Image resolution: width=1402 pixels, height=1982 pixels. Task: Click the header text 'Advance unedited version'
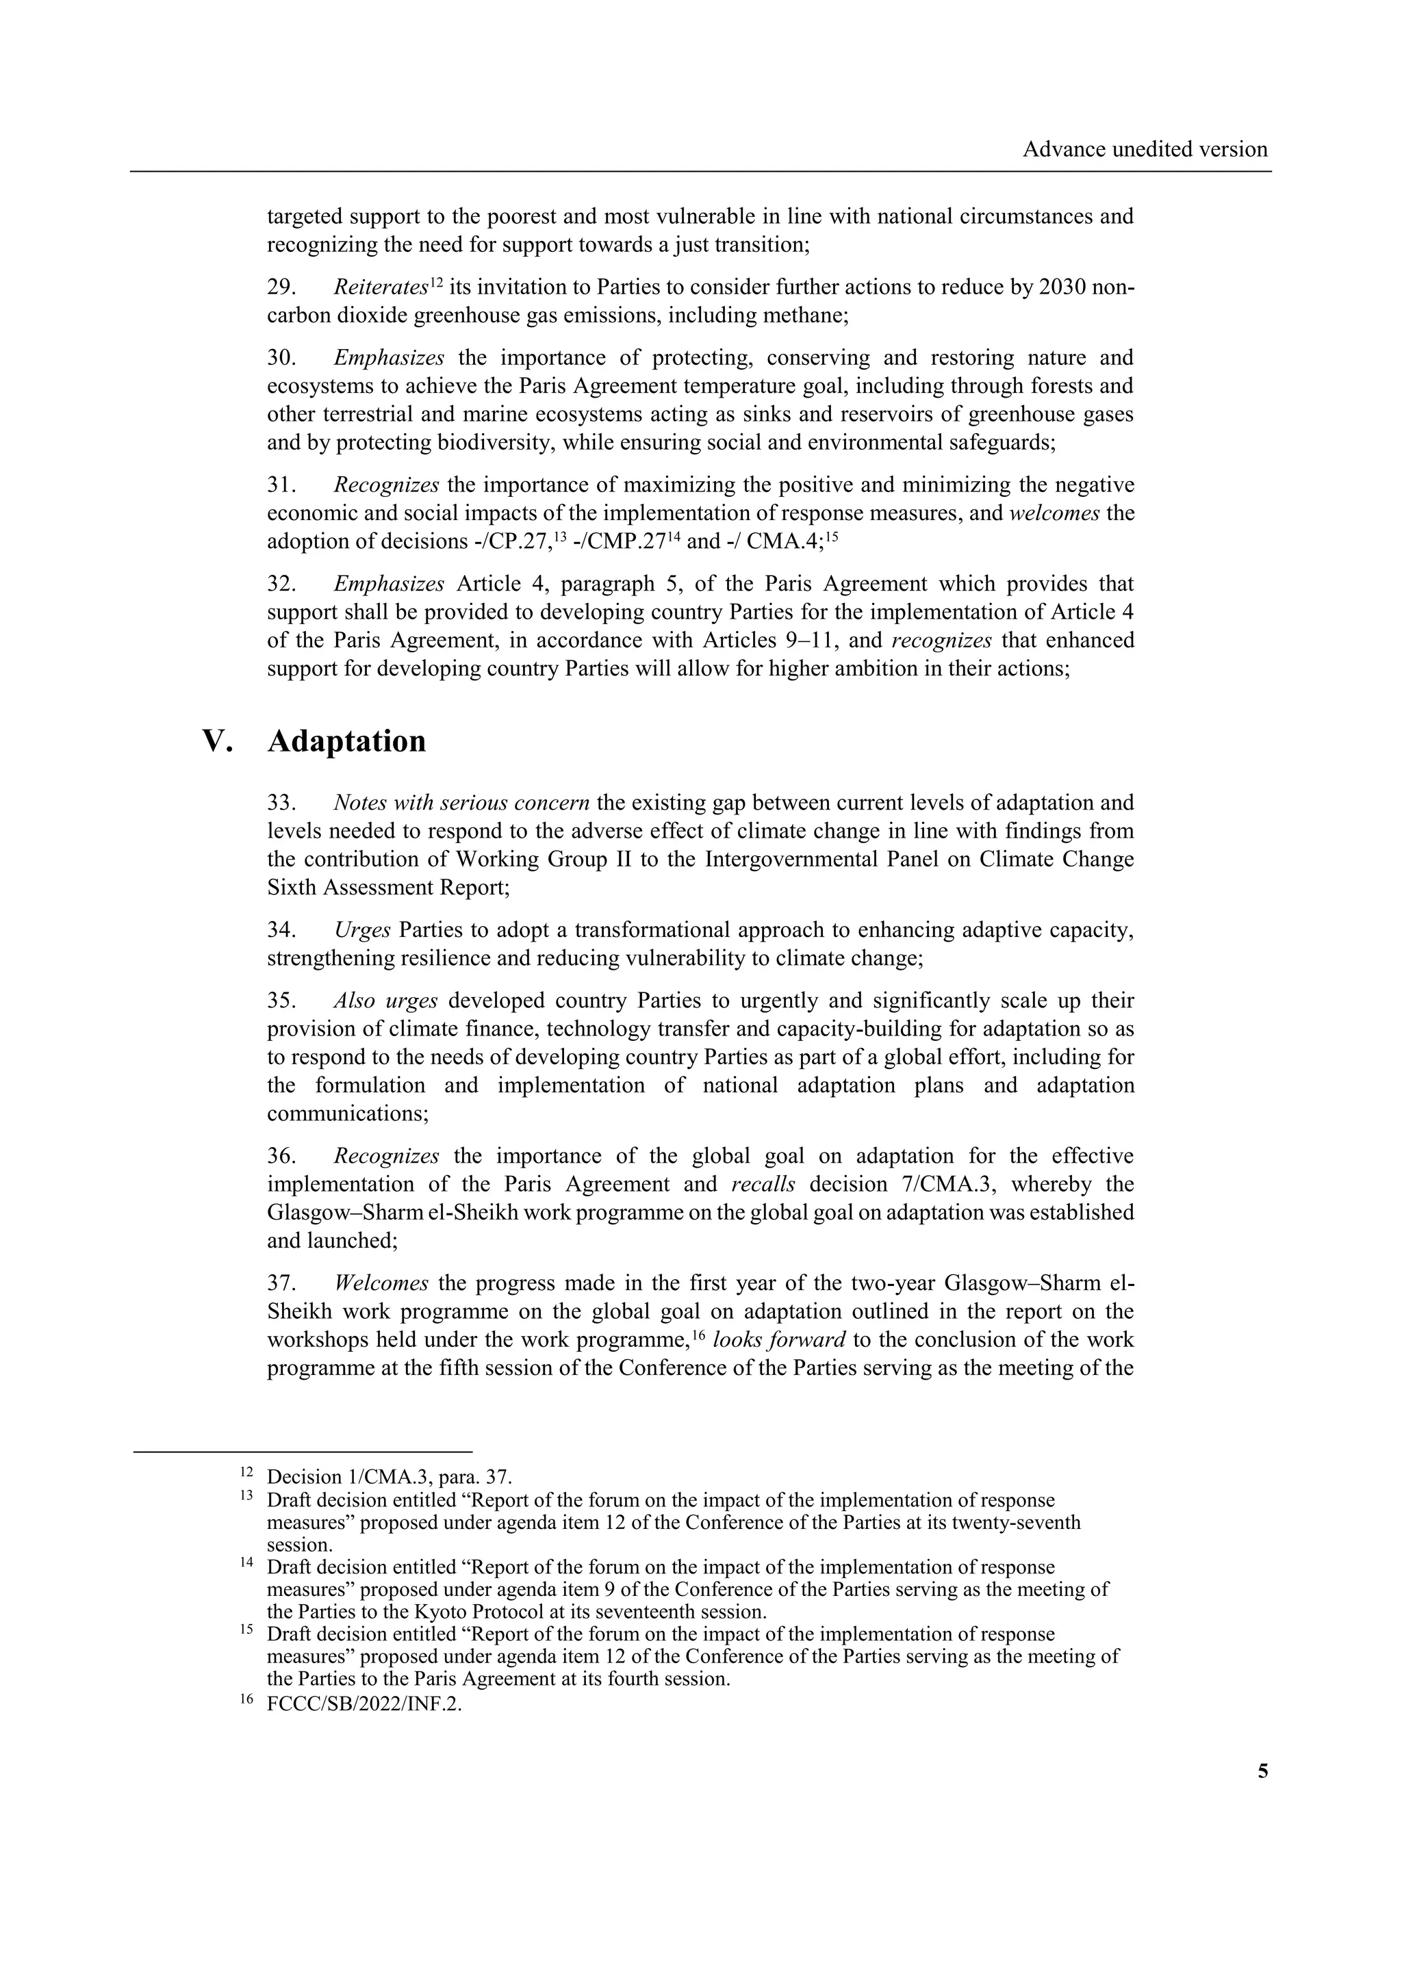pyautogui.click(x=1145, y=149)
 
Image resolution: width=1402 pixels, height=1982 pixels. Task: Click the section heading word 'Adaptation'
pyautogui.click(x=346, y=741)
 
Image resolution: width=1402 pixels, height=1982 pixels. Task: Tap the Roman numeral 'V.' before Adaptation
pyautogui.click(x=218, y=741)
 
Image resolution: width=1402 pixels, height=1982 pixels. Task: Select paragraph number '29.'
pyautogui.click(x=281, y=287)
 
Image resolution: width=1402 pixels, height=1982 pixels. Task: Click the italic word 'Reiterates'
pyautogui.click(x=381, y=287)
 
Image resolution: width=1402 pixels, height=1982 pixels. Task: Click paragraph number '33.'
pyautogui.click(x=281, y=803)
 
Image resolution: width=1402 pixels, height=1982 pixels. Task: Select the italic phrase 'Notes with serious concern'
pyautogui.click(x=462, y=803)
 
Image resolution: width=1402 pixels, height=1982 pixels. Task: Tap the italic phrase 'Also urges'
pyautogui.click(x=386, y=1001)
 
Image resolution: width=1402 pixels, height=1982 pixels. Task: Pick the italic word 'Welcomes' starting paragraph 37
pyautogui.click(x=381, y=1284)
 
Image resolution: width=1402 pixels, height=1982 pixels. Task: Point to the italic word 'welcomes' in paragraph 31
pyautogui.click(x=1054, y=513)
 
